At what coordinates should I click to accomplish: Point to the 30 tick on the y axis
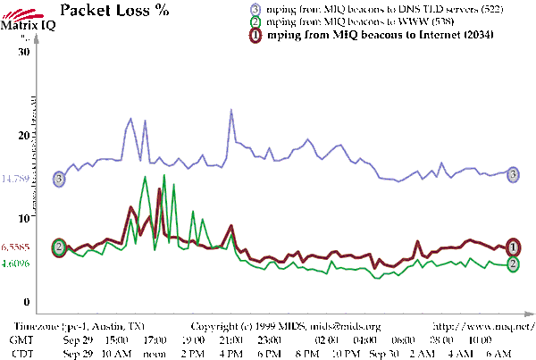[25, 52]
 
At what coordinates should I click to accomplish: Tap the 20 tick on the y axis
[25, 135]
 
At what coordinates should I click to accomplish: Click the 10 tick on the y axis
[25, 218]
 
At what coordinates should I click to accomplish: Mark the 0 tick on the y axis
[28, 301]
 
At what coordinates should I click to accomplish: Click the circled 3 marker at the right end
[514, 175]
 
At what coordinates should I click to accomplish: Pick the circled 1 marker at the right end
[514, 247]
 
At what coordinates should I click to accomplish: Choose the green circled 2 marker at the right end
[514, 264]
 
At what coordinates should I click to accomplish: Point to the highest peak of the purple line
[231, 110]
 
